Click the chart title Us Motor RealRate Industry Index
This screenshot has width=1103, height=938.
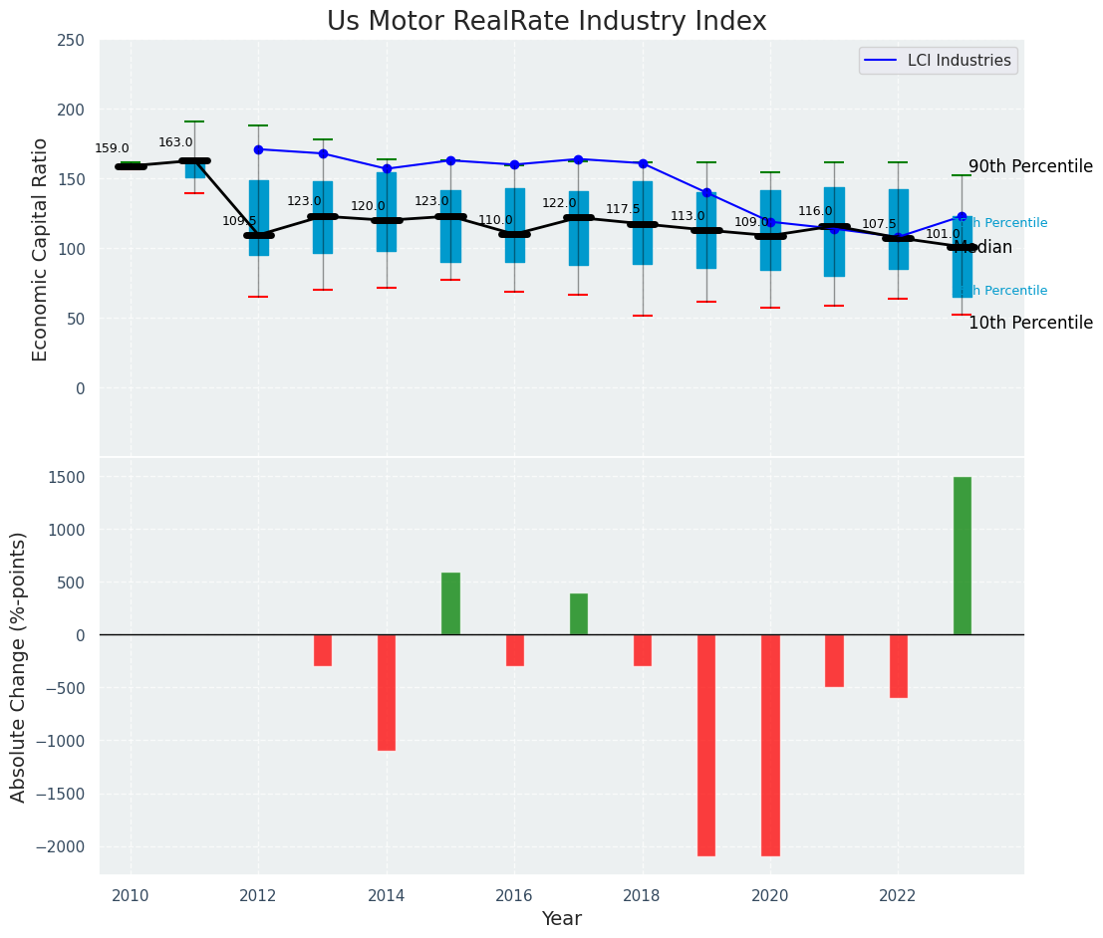pyautogui.click(x=546, y=22)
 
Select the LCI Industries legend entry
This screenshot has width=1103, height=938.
pyautogui.click(x=938, y=61)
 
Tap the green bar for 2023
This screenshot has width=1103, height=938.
pyautogui.click(x=962, y=556)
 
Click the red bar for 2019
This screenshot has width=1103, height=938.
pyautogui.click(x=705, y=745)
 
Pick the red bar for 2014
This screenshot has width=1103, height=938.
pyautogui.click(x=387, y=692)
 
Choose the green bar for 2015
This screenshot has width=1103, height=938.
pyautogui.click(x=450, y=603)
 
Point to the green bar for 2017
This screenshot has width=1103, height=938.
pyautogui.click(x=578, y=614)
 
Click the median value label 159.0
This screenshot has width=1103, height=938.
pyautogui.click(x=112, y=149)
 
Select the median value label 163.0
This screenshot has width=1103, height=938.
pyautogui.click(x=175, y=143)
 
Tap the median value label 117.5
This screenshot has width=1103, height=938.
pyautogui.click(x=623, y=209)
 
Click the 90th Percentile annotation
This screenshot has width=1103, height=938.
pyautogui.click(x=1030, y=167)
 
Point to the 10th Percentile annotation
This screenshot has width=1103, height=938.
pyautogui.click(x=1030, y=324)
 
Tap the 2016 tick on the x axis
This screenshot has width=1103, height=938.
pyautogui.click(x=514, y=896)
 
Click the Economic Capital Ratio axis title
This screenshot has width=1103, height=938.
pyautogui.click(x=41, y=249)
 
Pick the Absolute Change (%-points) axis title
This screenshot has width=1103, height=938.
pyautogui.click(x=19, y=667)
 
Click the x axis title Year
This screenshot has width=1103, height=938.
pyautogui.click(x=561, y=919)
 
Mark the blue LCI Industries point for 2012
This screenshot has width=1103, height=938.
pyautogui.click(x=258, y=149)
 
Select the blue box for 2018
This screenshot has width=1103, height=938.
pyautogui.click(x=643, y=223)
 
